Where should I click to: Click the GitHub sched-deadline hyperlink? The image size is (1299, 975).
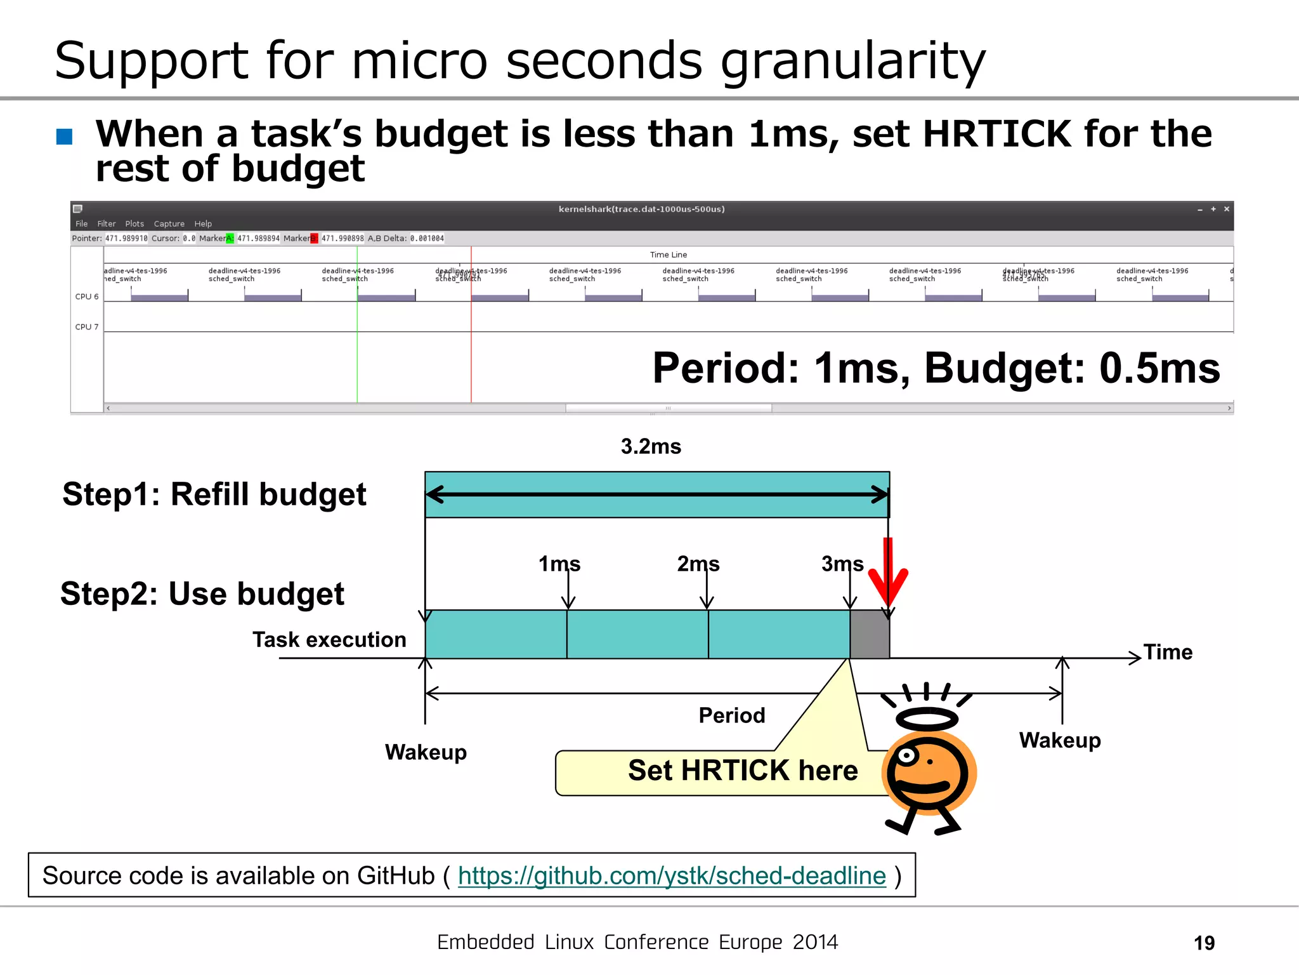pyautogui.click(x=671, y=876)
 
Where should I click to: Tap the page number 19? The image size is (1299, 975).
pyautogui.click(x=1204, y=943)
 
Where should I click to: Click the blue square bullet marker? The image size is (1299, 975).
pyautogui.click(x=64, y=136)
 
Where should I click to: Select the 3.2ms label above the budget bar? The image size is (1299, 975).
pyautogui.click(x=651, y=447)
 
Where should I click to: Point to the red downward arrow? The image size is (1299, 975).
pyautogui.click(x=888, y=574)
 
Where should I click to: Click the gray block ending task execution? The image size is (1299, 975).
pyautogui.click(x=870, y=634)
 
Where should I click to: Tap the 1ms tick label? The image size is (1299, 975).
pyautogui.click(x=559, y=564)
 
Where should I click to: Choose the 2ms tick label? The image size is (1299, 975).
pyautogui.click(x=698, y=564)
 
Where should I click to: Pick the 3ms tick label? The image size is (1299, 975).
pyautogui.click(x=842, y=564)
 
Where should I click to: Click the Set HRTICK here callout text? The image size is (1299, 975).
pyautogui.click(x=743, y=771)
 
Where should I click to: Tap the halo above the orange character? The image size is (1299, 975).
pyautogui.click(x=927, y=719)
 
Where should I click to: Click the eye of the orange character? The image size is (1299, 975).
pyautogui.click(x=908, y=755)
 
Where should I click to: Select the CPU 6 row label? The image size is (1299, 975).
pyautogui.click(x=87, y=296)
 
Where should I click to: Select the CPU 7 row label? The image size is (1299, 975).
pyautogui.click(x=87, y=327)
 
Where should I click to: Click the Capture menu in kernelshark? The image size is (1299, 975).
pyautogui.click(x=169, y=224)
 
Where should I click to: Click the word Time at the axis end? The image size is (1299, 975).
pyautogui.click(x=1168, y=653)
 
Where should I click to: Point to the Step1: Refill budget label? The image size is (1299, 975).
pyautogui.click(x=214, y=494)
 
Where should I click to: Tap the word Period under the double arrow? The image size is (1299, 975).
pyautogui.click(x=732, y=715)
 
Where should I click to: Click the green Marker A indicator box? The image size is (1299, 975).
pyautogui.click(x=230, y=239)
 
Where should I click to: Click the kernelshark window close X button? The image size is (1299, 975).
pyautogui.click(x=1227, y=209)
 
